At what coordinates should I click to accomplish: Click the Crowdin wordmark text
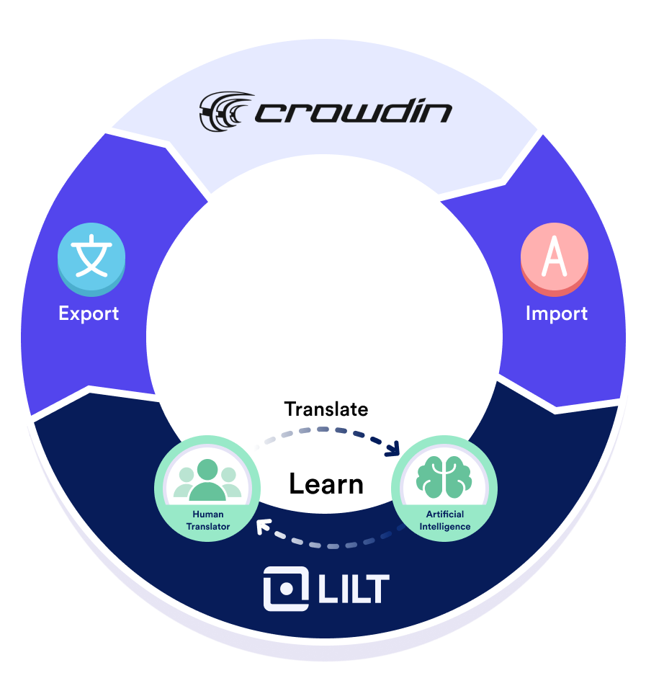(353, 113)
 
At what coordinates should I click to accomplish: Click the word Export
(89, 313)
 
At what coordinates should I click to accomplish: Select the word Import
(556, 313)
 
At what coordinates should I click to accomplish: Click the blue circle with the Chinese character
(91, 259)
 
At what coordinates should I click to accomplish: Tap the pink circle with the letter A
(554, 259)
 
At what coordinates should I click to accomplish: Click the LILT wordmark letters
(353, 589)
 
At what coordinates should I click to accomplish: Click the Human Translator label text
(207, 520)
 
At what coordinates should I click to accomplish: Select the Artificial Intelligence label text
(444, 520)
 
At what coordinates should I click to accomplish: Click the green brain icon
(444, 478)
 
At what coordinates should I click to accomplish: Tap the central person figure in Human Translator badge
(207, 479)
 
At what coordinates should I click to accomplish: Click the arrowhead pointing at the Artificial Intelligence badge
(393, 450)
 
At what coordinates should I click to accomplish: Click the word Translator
(207, 527)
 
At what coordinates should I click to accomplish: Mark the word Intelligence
(444, 527)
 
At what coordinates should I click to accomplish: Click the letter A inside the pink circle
(554, 258)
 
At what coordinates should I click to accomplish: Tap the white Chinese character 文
(91, 257)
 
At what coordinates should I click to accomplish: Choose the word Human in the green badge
(207, 514)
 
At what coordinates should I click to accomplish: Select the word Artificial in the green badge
(444, 514)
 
